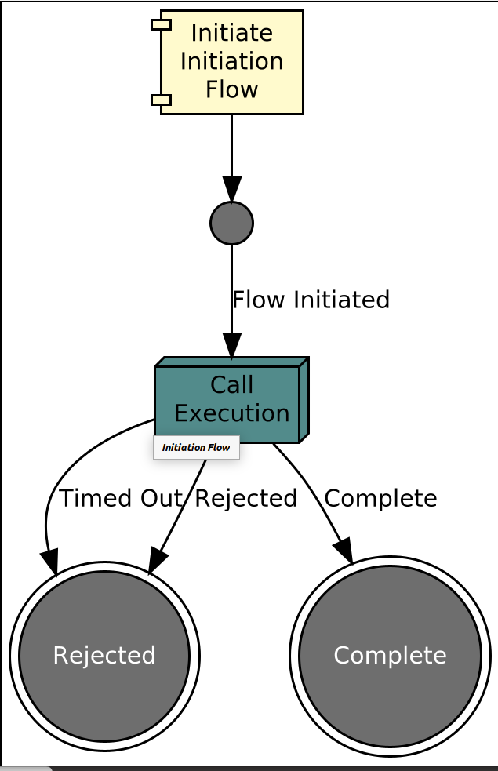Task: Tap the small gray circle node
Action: pos(231,224)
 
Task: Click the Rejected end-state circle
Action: pos(104,656)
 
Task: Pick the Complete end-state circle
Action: pos(390,656)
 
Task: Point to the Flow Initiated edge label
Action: pos(311,300)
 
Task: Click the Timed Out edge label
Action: pos(121,498)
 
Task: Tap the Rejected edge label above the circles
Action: pos(246,498)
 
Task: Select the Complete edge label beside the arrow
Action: pos(380,498)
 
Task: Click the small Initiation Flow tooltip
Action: pos(196,448)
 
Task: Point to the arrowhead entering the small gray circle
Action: pos(231,190)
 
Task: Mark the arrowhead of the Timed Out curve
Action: pos(50,562)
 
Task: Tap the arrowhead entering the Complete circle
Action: pos(343,551)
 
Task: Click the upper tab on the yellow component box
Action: pos(161,24)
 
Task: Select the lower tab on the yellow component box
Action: pos(161,100)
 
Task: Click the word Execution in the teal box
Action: pos(232,413)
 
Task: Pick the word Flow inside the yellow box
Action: pos(231,89)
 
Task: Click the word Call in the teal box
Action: pos(232,385)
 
